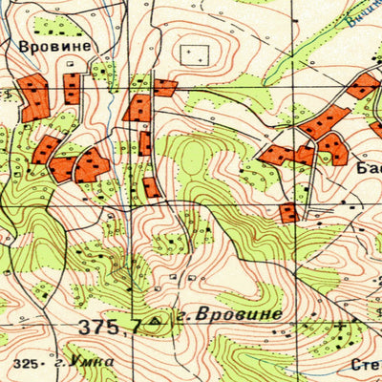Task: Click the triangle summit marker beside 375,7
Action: tap(156, 325)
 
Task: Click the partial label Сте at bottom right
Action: tap(367, 364)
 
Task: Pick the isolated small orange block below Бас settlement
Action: tap(288, 212)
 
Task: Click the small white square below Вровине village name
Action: tap(70, 61)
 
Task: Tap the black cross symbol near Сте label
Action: tap(341, 326)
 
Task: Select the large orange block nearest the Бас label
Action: tap(332, 146)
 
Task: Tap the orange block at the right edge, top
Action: tap(364, 86)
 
